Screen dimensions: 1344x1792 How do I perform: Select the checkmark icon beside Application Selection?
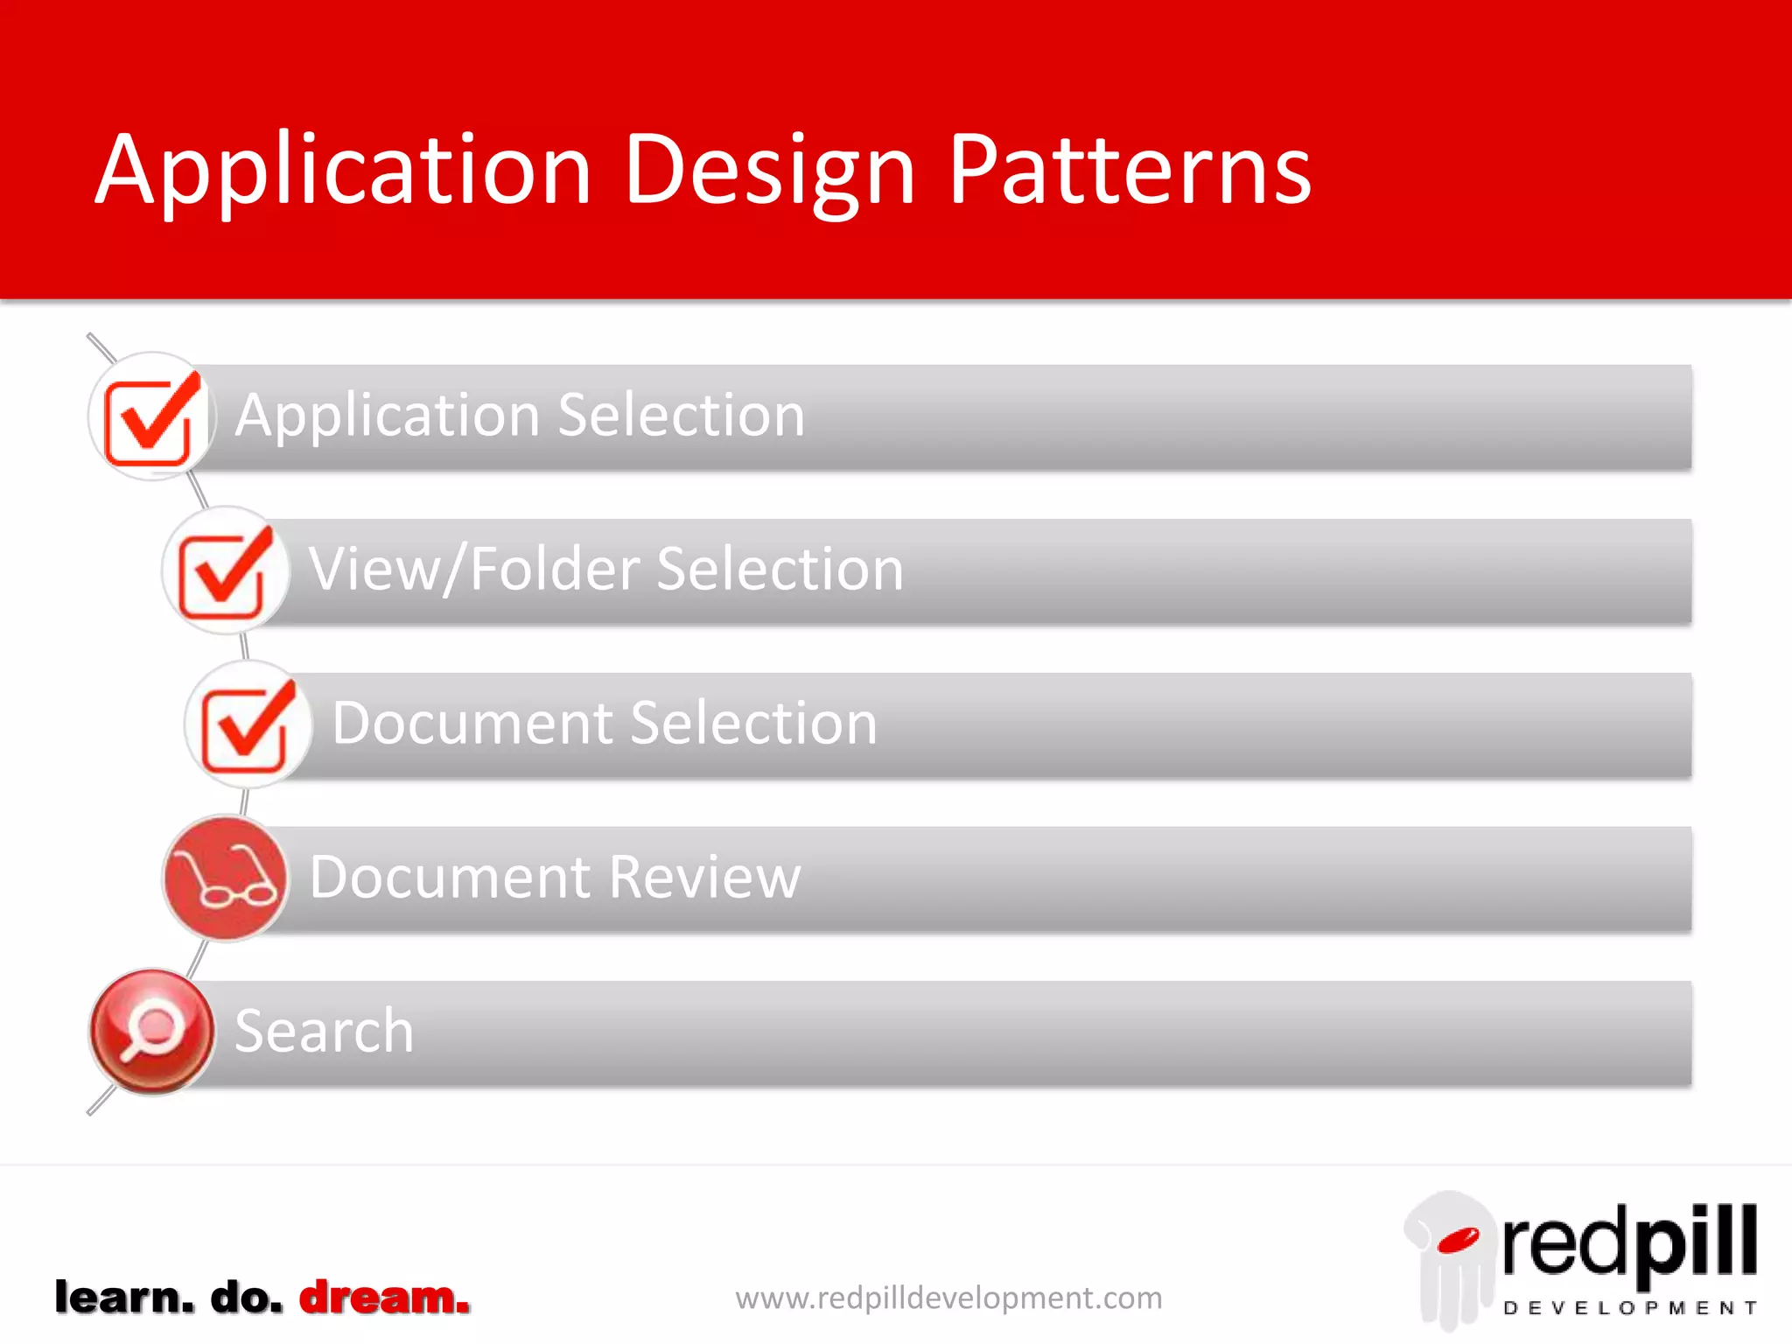tap(150, 417)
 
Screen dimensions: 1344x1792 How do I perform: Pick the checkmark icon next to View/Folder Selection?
tap(225, 570)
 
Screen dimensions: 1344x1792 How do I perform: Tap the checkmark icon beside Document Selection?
tap(248, 724)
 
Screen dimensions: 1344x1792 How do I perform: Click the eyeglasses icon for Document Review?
tap(225, 878)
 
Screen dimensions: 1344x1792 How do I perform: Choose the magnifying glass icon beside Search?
tap(151, 1031)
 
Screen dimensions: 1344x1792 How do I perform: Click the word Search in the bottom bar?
tap(324, 1031)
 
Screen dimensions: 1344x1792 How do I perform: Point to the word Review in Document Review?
tap(704, 877)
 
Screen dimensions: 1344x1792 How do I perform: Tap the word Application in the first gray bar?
tap(387, 415)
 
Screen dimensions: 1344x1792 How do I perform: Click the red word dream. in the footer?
tap(384, 1298)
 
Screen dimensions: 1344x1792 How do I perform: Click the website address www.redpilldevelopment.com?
tap(948, 1298)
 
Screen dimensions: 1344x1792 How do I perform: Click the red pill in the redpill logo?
tap(1458, 1241)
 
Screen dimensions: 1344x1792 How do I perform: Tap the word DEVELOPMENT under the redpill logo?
tap(1629, 1308)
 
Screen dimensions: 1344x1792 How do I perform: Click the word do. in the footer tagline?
tap(247, 1298)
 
